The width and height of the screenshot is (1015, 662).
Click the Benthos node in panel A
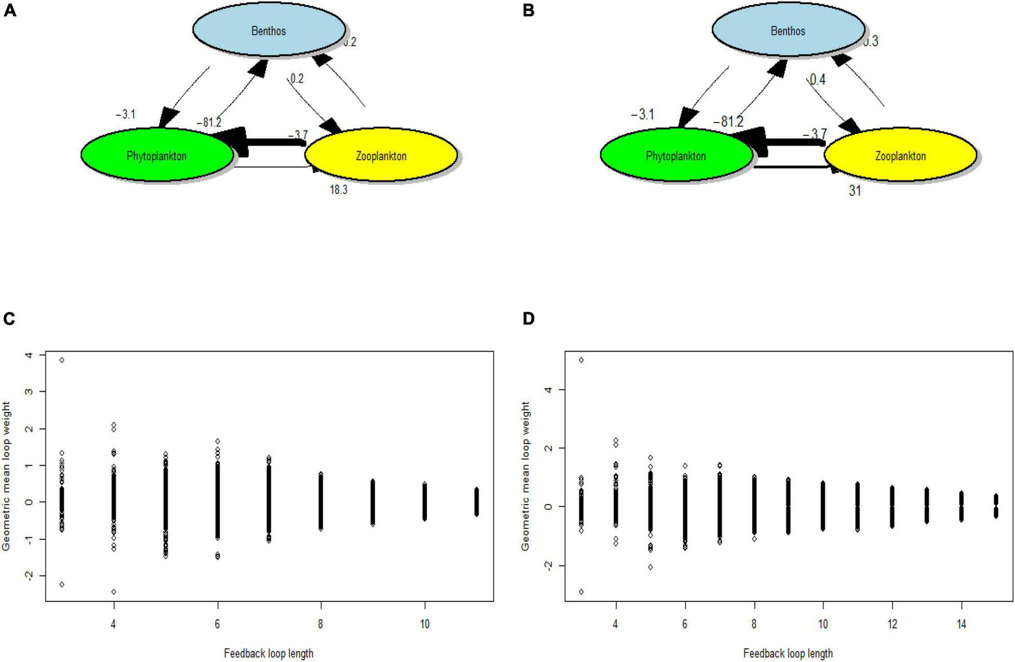point(269,31)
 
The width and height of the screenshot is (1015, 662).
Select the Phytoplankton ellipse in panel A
point(157,155)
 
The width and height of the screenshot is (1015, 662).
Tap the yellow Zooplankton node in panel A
point(381,155)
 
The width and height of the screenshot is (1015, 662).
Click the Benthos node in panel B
point(788,31)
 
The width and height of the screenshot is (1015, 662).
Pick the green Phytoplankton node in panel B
point(676,155)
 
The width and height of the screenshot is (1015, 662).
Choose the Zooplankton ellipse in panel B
point(900,155)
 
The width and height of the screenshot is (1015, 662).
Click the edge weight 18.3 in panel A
point(338,190)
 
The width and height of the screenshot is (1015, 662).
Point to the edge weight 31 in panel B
point(855,191)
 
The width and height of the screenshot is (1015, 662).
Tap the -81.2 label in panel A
point(208,123)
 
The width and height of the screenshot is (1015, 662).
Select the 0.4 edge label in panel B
point(817,80)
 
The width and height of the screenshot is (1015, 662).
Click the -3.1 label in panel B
point(642,115)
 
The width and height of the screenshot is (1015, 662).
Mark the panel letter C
point(9,318)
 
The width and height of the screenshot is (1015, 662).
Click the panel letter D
point(528,318)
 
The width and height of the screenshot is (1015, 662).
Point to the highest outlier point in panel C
point(62,360)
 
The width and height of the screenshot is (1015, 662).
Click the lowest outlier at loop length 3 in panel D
point(581,592)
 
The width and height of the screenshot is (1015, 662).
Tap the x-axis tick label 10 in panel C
point(424,624)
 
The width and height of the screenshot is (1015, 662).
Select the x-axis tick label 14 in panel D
point(961,624)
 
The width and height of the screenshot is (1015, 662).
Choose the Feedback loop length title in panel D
point(788,653)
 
